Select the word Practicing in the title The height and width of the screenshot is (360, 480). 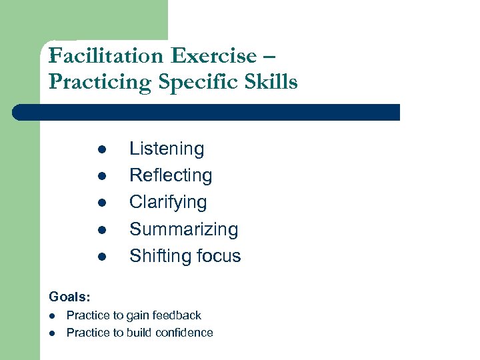click(x=101, y=82)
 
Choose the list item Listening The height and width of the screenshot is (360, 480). click(x=167, y=149)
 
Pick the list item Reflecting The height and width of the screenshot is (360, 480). click(x=171, y=176)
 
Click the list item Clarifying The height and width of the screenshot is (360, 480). click(x=168, y=203)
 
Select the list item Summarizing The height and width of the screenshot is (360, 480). click(x=183, y=229)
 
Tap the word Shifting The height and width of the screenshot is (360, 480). click(x=157, y=256)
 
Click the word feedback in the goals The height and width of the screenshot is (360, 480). click(x=176, y=315)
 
